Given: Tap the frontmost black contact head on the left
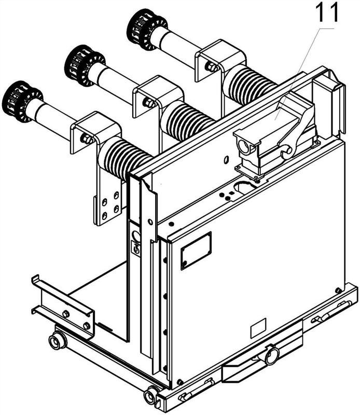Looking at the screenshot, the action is pos(22,102).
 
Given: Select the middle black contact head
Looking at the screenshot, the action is pos(85,66).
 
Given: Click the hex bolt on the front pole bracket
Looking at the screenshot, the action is pos(87,139).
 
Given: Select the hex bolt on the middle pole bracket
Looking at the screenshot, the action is pos(149,103).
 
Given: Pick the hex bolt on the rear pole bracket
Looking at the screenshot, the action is pos(212,67).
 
